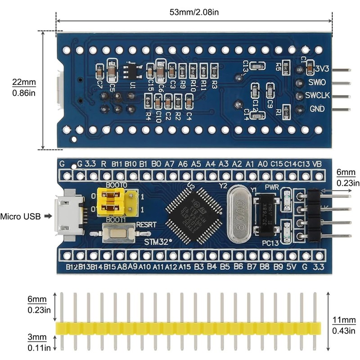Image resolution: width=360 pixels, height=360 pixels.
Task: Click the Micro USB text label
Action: [19, 216]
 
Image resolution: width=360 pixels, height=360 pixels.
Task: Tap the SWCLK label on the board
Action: [318, 96]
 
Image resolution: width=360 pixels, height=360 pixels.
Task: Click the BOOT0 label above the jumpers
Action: [117, 185]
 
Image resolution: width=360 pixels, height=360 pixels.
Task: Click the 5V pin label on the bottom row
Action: [292, 267]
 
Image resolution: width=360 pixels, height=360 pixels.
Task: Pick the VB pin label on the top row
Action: [317, 163]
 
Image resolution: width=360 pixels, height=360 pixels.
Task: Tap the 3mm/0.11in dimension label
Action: [36, 342]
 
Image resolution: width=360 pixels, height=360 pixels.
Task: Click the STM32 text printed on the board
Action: [158, 242]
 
